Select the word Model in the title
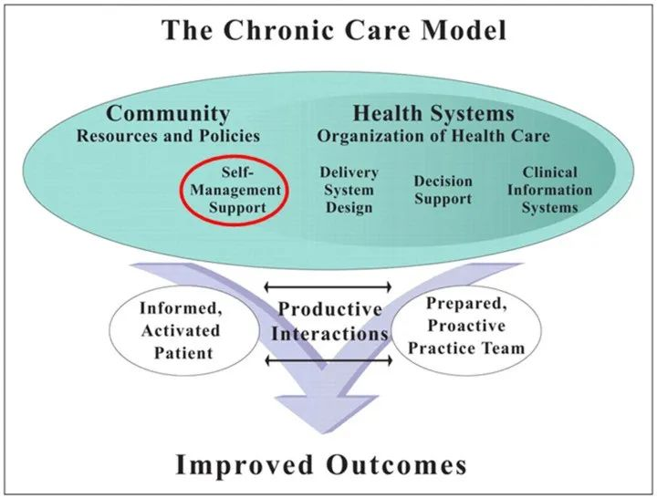click(x=464, y=30)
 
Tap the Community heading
click(x=168, y=114)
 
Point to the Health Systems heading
click(x=433, y=114)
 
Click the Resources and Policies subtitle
click(x=168, y=136)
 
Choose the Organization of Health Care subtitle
click(x=433, y=136)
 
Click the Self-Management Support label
click(x=235, y=191)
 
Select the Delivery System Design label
click(x=349, y=190)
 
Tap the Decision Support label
click(x=443, y=190)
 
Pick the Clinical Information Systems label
click(x=549, y=190)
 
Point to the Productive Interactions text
click(x=329, y=321)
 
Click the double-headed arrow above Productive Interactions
click(x=328, y=287)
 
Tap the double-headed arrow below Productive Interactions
click(x=328, y=360)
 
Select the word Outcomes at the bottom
click(x=396, y=464)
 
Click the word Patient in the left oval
click(x=183, y=353)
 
